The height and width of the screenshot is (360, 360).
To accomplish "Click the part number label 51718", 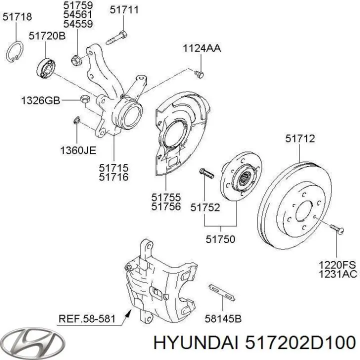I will point(17,16).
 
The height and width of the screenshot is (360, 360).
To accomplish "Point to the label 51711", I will point(124,9).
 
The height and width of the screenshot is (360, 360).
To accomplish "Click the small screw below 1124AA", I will point(199,73).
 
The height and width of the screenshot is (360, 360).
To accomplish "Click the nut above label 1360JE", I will point(76,120).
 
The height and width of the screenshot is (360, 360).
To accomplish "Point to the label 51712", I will point(300,139).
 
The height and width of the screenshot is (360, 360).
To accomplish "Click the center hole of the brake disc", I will point(304,212).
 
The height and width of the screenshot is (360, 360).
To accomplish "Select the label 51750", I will point(220,239).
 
